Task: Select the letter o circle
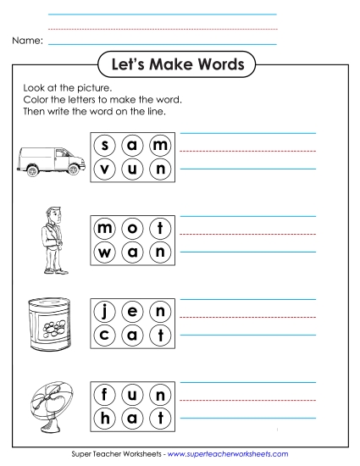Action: point(132,228)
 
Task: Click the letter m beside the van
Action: point(159,146)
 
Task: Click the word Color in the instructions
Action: point(39,100)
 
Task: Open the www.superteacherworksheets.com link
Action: point(228,454)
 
